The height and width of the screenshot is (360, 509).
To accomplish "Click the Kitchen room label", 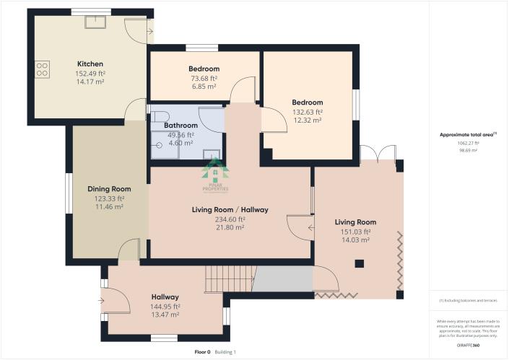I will (90, 63).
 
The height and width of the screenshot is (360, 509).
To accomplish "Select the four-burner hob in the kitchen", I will (42, 70).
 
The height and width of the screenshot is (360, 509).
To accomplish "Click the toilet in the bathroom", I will (161, 115).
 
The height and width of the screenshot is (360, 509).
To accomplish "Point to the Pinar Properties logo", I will (214, 177).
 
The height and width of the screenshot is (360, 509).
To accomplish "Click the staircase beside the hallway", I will (230, 278).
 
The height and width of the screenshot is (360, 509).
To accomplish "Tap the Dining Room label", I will (109, 189).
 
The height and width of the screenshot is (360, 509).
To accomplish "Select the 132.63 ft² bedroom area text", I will (307, 113).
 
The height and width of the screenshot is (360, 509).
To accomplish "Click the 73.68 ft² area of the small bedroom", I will (203, 79).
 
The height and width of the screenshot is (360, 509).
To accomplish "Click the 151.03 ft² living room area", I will (355, 232).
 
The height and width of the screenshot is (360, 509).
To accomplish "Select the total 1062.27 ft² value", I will (467, 143).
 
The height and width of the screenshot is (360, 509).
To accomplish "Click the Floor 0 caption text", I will (202, 352).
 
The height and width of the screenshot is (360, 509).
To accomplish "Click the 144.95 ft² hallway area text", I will (165, 307).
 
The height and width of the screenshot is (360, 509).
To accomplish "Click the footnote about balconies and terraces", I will (467, 299).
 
